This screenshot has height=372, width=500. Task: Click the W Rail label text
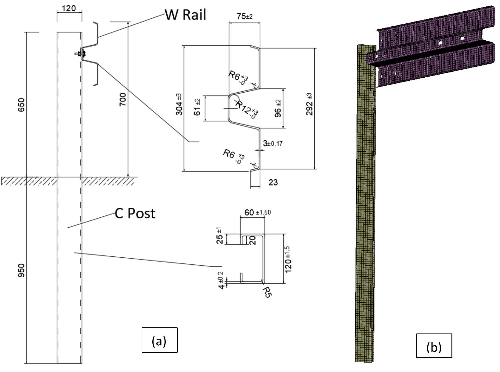(x=186, y=15)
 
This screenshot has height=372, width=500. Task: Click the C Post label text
(x=135, y=213)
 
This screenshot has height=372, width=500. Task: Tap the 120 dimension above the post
(x=69, y=8)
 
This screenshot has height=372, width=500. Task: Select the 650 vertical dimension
(x=22, y=105)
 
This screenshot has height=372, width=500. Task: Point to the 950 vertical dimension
(x=22, y=271)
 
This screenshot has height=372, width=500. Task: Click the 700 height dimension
(x=123, y=100)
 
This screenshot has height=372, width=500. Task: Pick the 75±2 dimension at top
(x=245, y=16)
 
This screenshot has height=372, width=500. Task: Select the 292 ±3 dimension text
(x=309, y=104)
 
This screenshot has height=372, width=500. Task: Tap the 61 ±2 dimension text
(x=197, y=107)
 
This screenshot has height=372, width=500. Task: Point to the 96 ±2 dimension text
(x=278, y=108)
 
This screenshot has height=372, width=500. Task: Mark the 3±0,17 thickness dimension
(x=273, y=143)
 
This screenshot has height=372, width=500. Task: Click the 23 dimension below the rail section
(x=273, y=182)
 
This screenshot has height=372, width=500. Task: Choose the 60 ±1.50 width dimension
(x=257, y=212)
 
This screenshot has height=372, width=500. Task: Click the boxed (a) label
(x=159, y=340)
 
